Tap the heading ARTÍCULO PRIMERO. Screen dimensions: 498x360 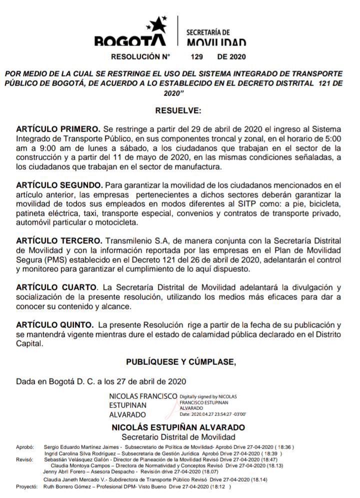58,129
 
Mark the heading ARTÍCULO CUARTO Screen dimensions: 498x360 56,288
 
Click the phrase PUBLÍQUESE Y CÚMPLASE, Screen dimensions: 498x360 180,361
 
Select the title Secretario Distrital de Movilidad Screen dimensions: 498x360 178,436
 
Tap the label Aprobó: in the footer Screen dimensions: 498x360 24,446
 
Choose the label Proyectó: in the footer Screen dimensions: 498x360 27,486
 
